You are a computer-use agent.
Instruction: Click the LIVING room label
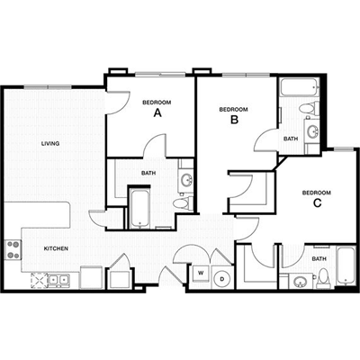[x=50, y=144]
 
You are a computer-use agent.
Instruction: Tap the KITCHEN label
[x=56, y=248]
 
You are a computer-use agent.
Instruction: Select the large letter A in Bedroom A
[x=157, y=113]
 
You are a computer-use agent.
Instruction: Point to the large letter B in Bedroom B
[x=234, y=120]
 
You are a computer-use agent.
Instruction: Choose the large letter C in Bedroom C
[x=317, y=203]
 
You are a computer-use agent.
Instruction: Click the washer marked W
[x=201, y=274]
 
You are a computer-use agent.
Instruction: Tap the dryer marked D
[x=222, y=279]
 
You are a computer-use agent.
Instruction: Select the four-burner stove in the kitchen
[x=13, y=250]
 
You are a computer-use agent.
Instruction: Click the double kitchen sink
[x=58, y=280]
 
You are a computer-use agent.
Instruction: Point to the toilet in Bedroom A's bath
[x=184, y=203]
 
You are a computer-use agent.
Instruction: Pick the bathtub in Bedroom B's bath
[x=299, y=87]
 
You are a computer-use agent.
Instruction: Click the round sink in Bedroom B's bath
[x=313, y=131]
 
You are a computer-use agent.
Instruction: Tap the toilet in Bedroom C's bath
[x=323, y=278]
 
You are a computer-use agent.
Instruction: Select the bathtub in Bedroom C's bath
[x=346, y=265]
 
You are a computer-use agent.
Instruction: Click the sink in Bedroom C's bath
[x=299, y=282]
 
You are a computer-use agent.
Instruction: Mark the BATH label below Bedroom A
[x=148, y=173]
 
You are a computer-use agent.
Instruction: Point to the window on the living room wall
[x=48, y=87]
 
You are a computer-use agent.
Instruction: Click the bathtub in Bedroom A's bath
[x=139, y=209]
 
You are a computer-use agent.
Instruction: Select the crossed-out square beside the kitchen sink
[x=40, y=281]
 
